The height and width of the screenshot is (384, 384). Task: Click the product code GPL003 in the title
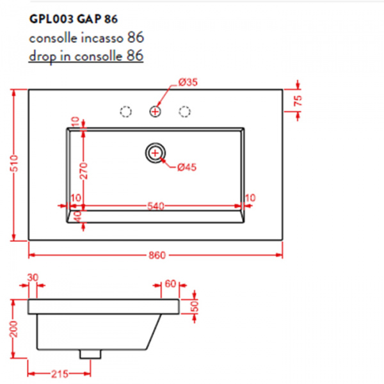51,19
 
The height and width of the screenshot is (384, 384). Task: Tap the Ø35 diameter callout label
188,83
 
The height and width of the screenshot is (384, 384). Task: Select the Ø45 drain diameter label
187,168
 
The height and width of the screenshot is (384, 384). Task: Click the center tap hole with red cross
155,111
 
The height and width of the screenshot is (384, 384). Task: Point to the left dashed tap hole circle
126,111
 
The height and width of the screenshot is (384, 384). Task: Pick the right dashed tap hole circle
184,111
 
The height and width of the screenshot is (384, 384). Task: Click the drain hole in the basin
155,153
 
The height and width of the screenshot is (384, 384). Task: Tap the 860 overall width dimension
157,255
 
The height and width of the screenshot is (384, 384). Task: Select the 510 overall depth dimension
14,163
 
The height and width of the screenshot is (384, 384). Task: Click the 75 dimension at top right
298,100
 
